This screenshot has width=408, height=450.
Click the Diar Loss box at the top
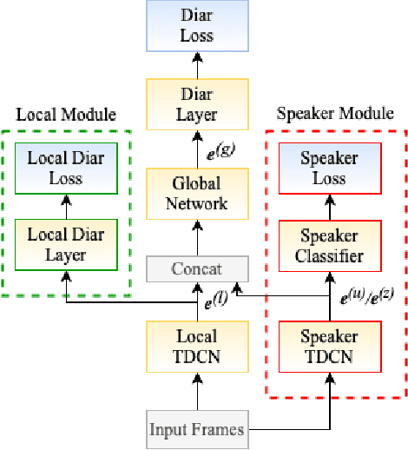pos(197,26)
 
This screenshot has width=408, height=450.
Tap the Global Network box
pos(197,193)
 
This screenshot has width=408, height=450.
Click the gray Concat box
pos(197,270)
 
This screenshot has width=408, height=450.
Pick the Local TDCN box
pos(197,344)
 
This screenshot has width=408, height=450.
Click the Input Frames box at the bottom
pos(197,428)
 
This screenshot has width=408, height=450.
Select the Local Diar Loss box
pos(67,169)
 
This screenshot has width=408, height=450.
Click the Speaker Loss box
pos(329,169)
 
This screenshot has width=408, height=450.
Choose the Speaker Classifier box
pos(329,246)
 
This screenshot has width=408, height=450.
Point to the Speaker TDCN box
pos(329,344)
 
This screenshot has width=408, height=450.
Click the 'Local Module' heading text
pos(67,115)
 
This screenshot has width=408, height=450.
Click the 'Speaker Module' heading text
pos(328,115)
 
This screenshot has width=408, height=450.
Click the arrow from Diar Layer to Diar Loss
pos(197,63)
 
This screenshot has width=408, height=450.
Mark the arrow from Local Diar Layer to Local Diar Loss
pos(67,206)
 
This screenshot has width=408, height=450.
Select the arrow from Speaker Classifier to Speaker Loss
pos(329,207)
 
